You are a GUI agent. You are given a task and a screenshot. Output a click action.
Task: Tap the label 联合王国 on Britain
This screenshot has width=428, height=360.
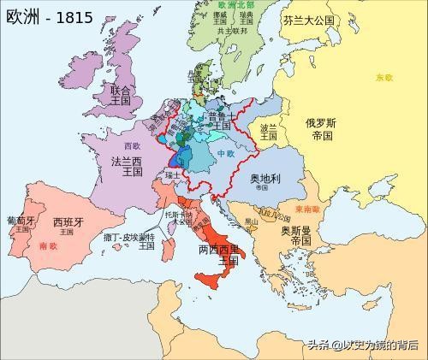tap(121, 94)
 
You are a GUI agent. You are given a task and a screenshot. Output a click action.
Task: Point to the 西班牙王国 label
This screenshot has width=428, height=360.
tap(69, 227)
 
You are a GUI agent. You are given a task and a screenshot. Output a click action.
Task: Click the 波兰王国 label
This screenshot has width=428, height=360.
tap(269, 132)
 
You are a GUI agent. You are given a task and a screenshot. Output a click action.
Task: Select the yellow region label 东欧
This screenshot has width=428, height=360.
tap(383, 78)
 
